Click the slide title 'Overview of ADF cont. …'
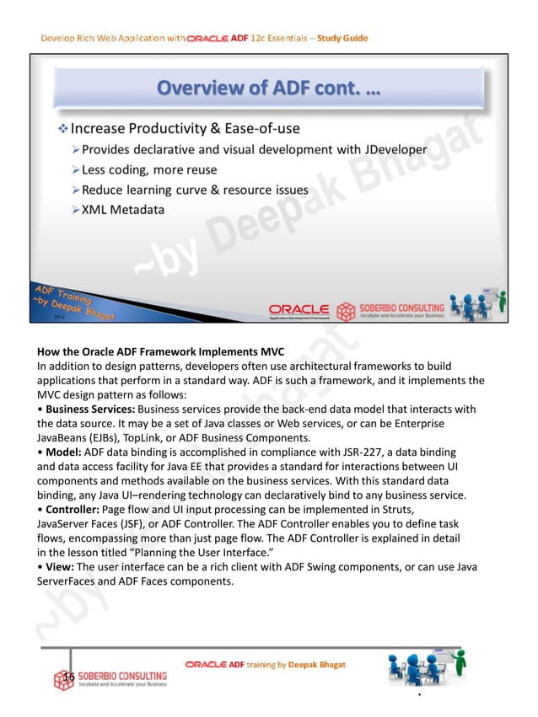click(x=269, y=88)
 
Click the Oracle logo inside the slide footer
click(x=299, y=308)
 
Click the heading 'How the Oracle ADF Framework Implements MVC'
click(x=160, y=351)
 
